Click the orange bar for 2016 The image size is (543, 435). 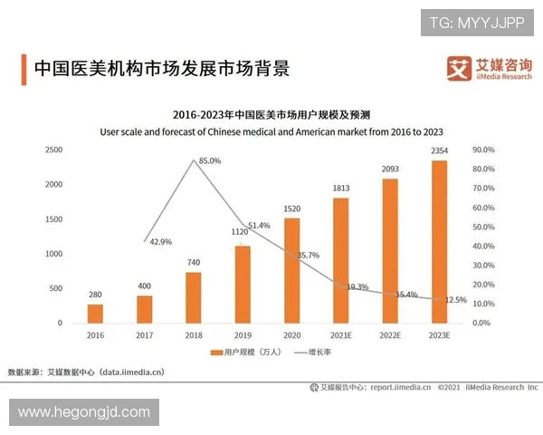pyautogui.click(x=95, y=313)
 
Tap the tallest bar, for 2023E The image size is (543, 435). pyautogui.click(x=439, y=241)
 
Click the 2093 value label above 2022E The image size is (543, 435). pyautogui.click(x=389, y=169)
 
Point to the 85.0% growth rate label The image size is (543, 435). pyautogui.click(x=210, y=160)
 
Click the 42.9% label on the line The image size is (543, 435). pyautogui.click(x=161, y=242)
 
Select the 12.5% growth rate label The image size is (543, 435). pyautogui.click(x=456, y=300)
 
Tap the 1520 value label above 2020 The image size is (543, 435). pyautogui.click(x=291, y=208)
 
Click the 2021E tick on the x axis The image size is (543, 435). pyautogui.click(x=340, y=334)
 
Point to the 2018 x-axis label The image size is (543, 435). pyautogui.click(x=193, y=334)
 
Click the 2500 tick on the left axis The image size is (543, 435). pyautogui.click(x=53, y=150)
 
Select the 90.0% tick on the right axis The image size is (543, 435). pyautogui.click(x=483, y=150)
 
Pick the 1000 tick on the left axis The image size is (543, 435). pyautogui.click(x=53, y=254)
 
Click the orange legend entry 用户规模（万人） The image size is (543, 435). pyautogui.click(x=243, y=351)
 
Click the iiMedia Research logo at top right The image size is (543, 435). pyautogui.click(x=490, y=69)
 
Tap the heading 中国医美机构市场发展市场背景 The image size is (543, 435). pyautogui.click(x=161, y=69)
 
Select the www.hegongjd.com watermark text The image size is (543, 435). pyautogui.click(x=84, y=412)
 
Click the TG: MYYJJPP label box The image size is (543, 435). pyautogui.click(x=477, y=22)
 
